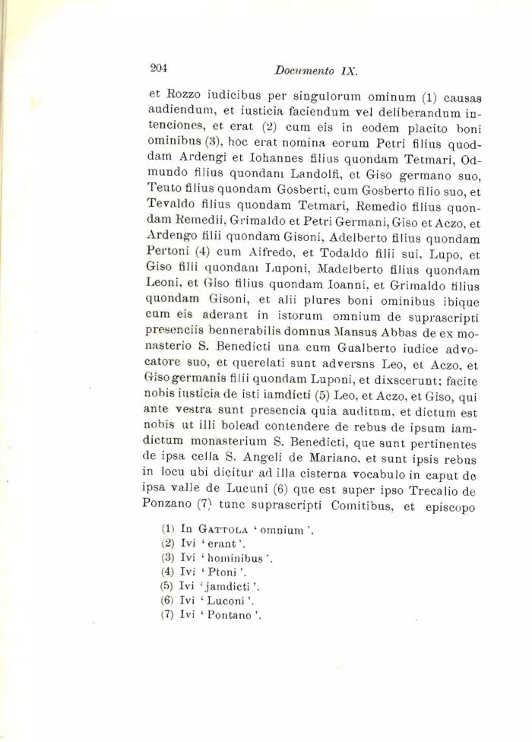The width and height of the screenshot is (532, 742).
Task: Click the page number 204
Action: tap(158, 68)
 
